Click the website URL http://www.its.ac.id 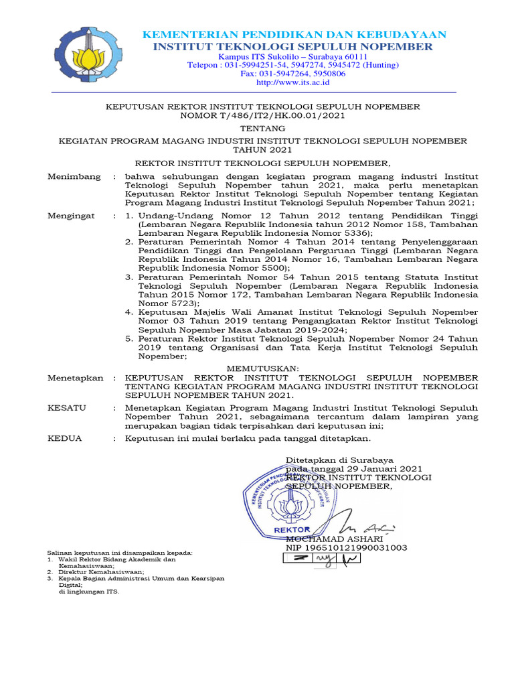coord(293,82)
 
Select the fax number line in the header coord(293,74)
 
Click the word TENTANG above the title coord(262,128)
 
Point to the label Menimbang coord(74,176)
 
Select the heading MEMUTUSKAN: coord(262,368)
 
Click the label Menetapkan coord(75,378)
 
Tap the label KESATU coord(67,407)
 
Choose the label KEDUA coord(65,438)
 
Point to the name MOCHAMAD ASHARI coord(334,539)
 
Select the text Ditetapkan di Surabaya coord(339,460)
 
